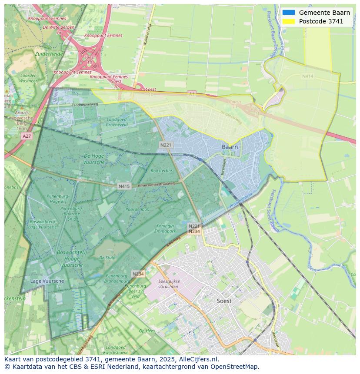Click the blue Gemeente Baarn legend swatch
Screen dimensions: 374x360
pos(288,13)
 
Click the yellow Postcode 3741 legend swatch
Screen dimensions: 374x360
pos(288,21)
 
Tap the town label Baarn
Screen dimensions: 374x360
pos(230,147)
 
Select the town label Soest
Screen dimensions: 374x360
pos(224,301)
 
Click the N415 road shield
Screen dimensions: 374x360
pos(124,186)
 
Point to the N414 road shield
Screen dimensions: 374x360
pos(307,76)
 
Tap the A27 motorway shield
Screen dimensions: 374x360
pos(27,136)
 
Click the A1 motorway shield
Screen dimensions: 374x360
pos(192,93)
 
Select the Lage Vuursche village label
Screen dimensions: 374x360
pos(47,281)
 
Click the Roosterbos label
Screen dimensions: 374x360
pos(162,171)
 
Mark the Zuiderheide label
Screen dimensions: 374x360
pos(49,54)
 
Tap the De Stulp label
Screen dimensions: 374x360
pos(107,258)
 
